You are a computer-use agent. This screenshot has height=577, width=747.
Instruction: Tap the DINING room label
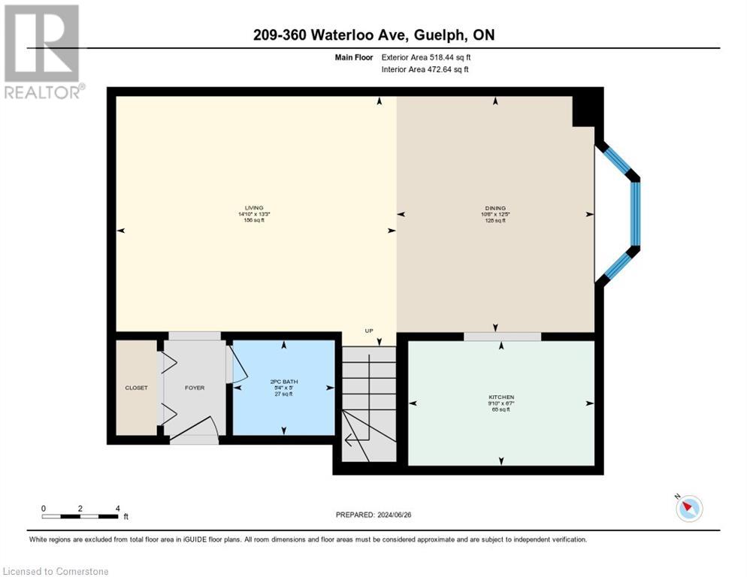(494, 208)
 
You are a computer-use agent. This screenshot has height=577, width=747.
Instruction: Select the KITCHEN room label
(501, 397)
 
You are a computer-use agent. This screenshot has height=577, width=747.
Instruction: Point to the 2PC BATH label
(283, 381)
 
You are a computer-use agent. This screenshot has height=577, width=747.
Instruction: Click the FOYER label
(195, 388)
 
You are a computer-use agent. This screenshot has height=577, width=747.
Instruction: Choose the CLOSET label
(136, 388)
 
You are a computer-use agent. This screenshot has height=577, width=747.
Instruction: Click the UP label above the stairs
(368, 331)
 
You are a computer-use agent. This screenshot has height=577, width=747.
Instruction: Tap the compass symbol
(688, 508)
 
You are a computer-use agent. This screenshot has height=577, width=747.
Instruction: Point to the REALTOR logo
(43, 51)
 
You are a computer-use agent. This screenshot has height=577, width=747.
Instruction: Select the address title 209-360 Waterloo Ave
(373, 35)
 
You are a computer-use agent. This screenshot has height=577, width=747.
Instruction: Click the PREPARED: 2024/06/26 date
(373, 515)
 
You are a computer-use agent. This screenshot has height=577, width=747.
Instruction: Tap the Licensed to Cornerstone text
(56, 571)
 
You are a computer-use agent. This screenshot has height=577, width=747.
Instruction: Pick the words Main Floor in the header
(353, 57)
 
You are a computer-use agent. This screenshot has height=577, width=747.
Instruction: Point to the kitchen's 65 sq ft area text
(501, 409)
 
